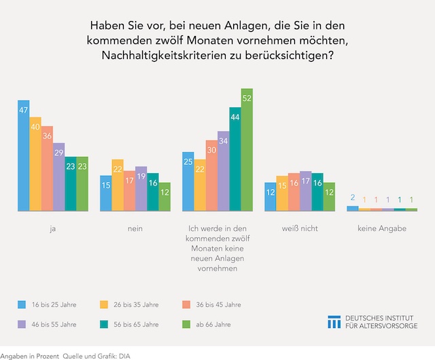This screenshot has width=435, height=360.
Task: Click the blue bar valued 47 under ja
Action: pos(24,156)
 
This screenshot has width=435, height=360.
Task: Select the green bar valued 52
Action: pos(247,150)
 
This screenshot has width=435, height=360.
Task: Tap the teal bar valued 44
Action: pos(235,160)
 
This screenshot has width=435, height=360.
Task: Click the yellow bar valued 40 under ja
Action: pos(35,164)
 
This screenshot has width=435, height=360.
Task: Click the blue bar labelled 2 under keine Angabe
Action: pos(352,209)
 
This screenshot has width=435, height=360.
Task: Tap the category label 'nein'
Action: pos(135,229)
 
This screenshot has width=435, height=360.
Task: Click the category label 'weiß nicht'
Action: pos(300,229)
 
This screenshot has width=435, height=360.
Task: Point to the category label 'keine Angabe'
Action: pos(381,229)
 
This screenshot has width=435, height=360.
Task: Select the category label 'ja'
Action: pos(52,229)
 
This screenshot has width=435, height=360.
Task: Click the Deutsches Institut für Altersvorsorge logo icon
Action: pos(334,322)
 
